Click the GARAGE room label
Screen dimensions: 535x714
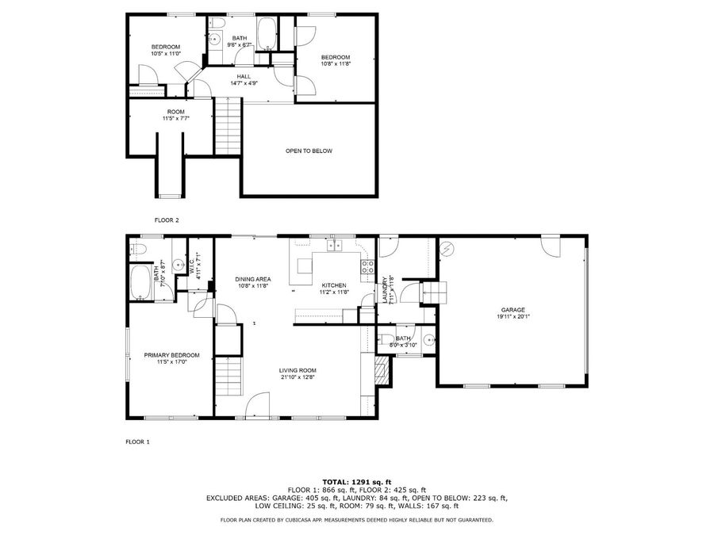click(512, 310)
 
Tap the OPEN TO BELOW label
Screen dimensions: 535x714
click(309, 151)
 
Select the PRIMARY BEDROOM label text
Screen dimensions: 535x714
click(171, 355)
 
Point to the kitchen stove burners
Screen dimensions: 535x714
click(367, 267)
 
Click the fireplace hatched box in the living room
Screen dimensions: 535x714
click(382, 369)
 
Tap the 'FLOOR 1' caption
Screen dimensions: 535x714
click(137, 441)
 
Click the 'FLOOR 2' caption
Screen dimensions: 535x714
click(167, 220)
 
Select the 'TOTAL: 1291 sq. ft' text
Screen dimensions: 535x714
click(356, 482)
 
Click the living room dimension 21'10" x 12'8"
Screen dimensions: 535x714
click(297, 377)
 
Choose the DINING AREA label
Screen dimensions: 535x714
click(253, 279)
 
